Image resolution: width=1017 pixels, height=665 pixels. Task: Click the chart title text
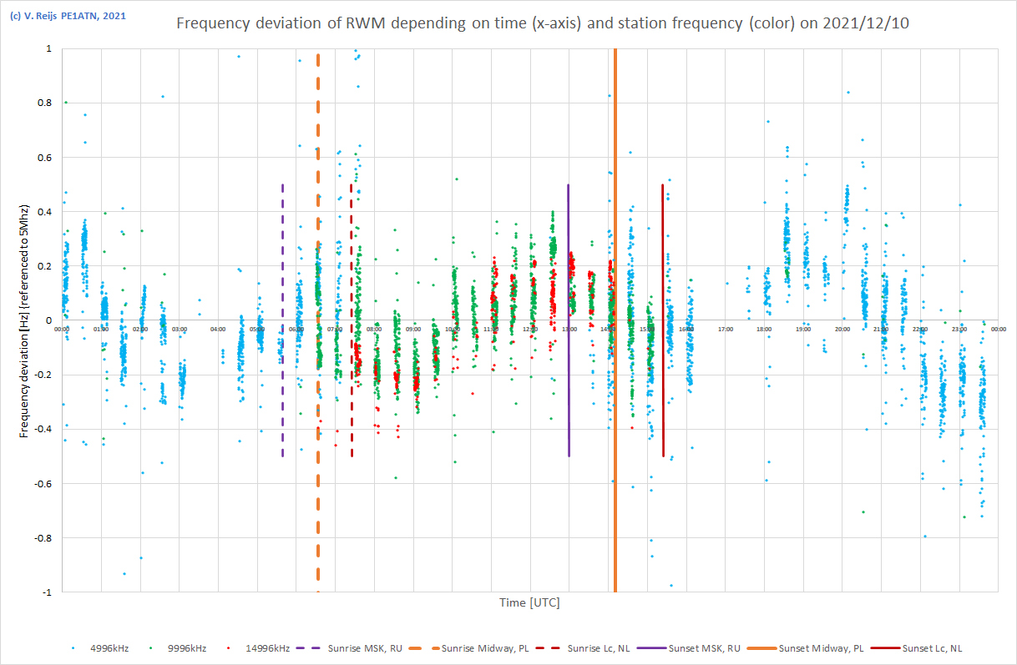pos(543,23)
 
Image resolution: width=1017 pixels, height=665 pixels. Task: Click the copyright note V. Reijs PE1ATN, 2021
pos(58,16)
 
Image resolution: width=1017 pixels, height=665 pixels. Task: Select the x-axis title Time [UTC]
pos(529,602)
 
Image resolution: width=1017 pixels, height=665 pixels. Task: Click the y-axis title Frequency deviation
pos(25,320)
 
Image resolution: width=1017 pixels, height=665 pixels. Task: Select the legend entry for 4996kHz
pos(112,647)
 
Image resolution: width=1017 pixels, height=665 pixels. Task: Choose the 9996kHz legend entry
pos(184,647)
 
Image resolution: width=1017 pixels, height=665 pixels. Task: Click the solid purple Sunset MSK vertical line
pos(569,334)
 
